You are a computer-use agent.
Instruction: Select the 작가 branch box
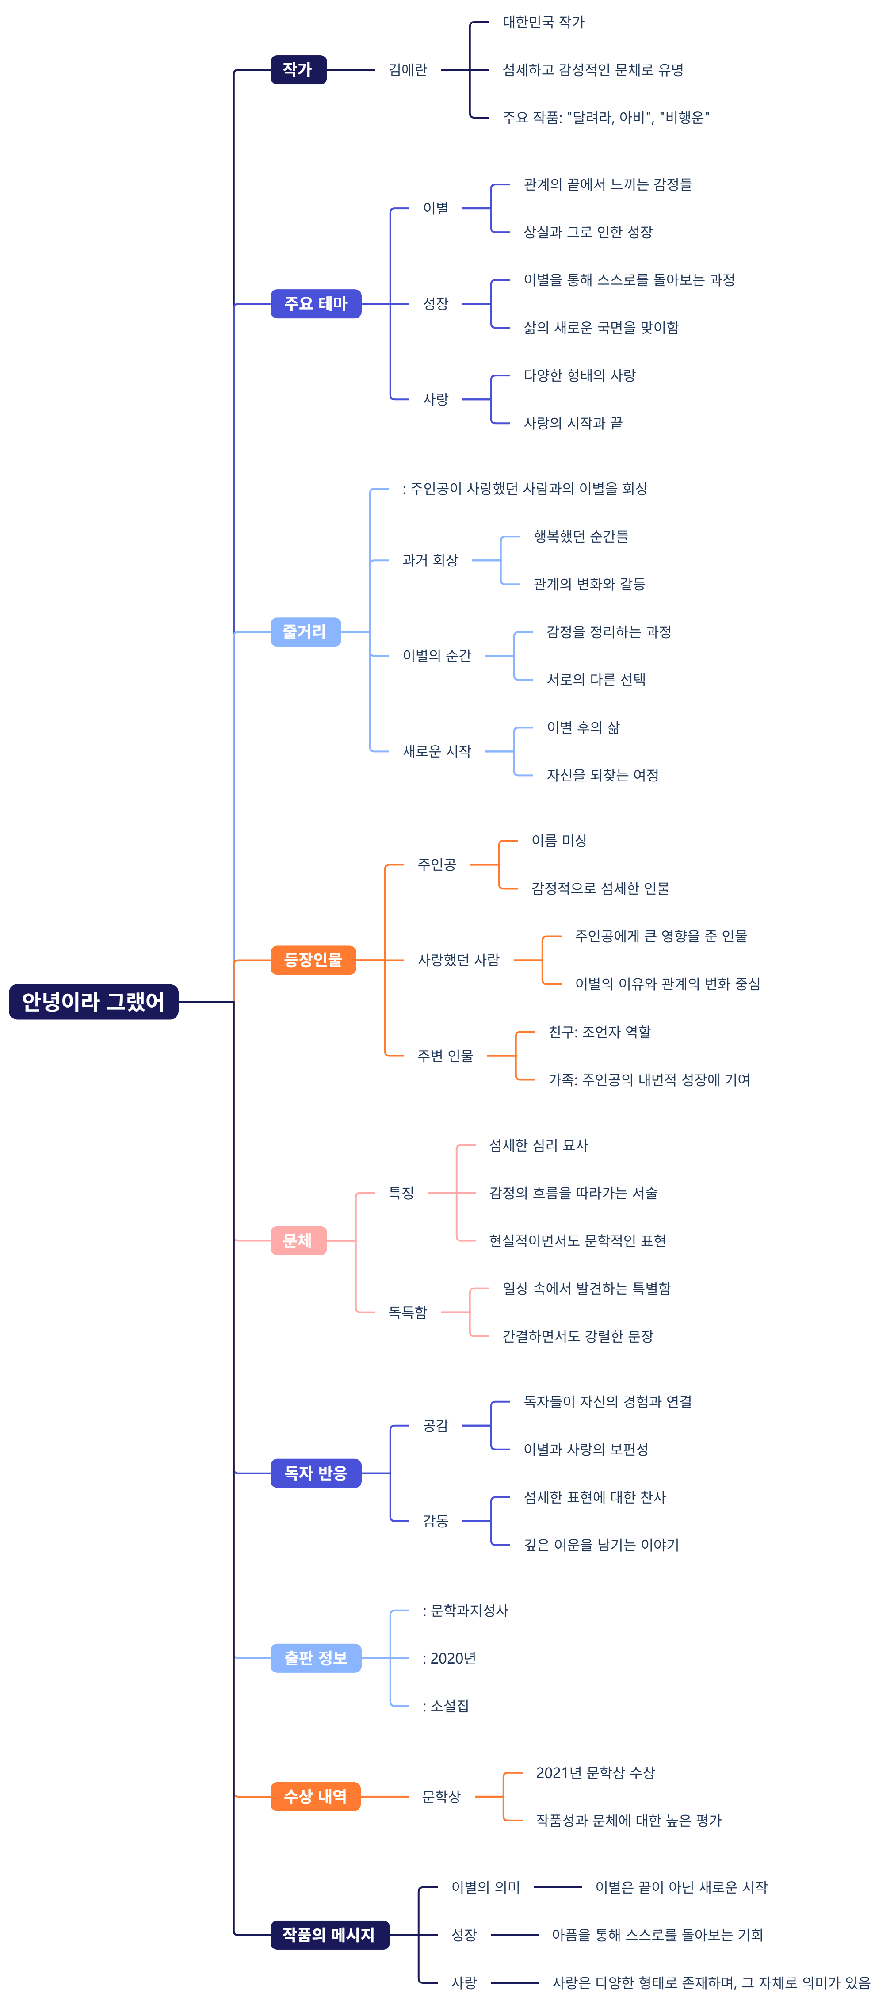click(298, 70)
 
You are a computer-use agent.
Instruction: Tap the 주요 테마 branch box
click(315, 303)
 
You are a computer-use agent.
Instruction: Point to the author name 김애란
click(408, 70)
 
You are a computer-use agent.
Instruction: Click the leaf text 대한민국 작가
click(543, 23)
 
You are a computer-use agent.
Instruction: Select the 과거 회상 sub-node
click(430, 560)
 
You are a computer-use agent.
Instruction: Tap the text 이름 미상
click(559, 841)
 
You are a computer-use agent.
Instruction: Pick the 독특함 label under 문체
click(408, 1312)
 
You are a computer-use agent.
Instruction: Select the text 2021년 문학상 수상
click(595, 1772)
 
